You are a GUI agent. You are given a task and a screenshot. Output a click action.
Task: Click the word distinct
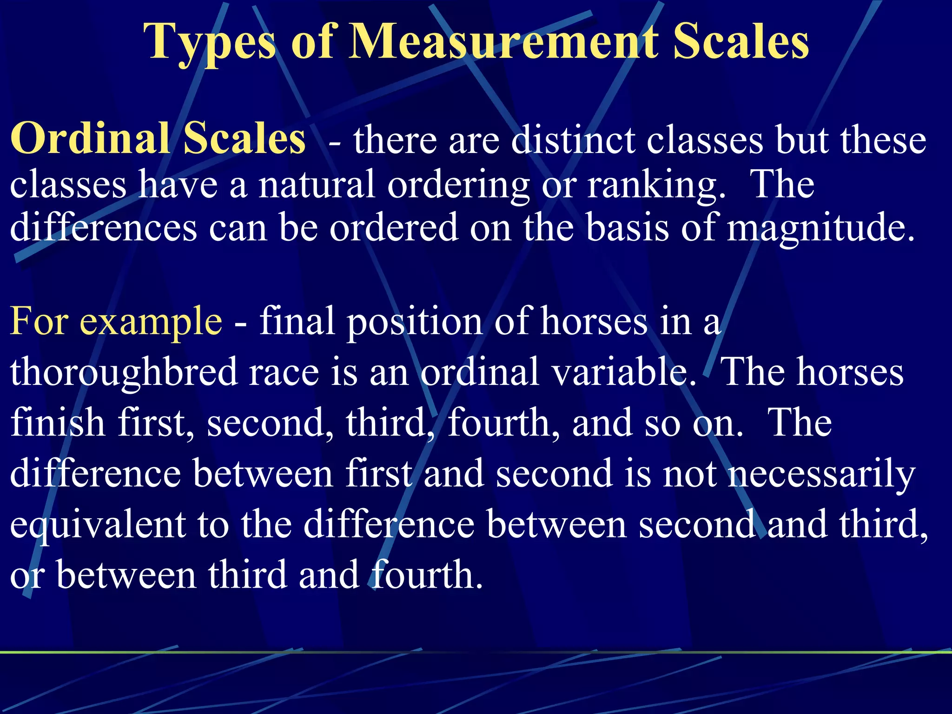tap(573, 140)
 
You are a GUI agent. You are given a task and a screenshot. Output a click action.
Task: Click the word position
tap(415, 323)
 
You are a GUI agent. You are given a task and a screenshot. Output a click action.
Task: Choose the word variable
tap(620, 372)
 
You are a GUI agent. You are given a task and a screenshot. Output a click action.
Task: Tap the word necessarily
tap(821, 475)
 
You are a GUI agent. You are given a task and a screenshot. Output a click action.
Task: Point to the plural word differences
tap(103, 228)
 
